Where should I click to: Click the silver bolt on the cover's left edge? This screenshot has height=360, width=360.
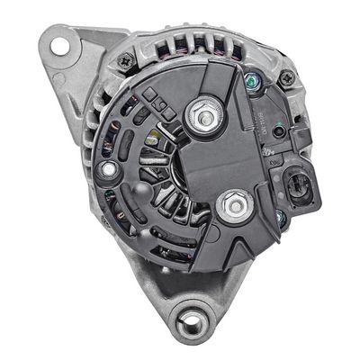110,168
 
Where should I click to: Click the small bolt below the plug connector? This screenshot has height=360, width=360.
282,217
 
